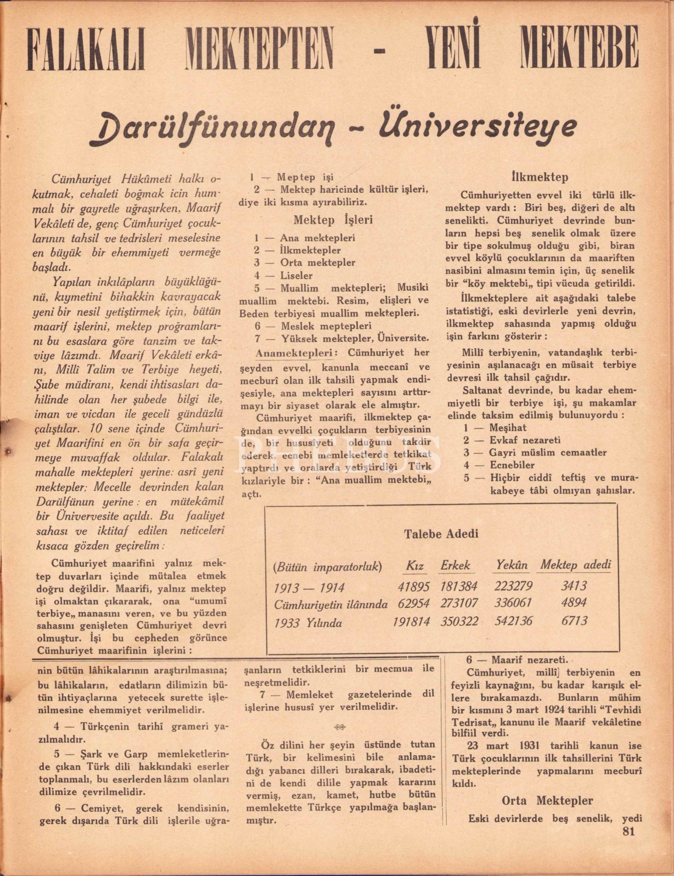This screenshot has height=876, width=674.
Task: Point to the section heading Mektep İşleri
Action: pyautogui.click(x=332, y=221)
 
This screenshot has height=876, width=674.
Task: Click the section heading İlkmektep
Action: pyautogui.click(x=539, y=177)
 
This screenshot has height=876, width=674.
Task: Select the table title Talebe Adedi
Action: pyautogui.click(x=441, y=534)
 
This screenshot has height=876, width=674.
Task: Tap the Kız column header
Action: pyautogui.click(x=415, y=565)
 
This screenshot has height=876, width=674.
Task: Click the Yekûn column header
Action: pyautogui.click(x=512, y=565)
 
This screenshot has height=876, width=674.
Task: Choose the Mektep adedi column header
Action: pyautogui.click(x=575, y=565)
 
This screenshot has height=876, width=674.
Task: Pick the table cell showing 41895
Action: pyautogui.click(x=414, y=587)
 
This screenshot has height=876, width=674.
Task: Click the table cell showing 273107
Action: pyautogui.click(x=459, y=603)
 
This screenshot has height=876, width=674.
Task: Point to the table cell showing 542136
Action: pyautogui.click(x=513, y=621)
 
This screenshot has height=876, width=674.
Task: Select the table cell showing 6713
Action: pyautogui.click(x=574, y=621)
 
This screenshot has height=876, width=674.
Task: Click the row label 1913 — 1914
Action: pyautogui.click(x=309, y=588)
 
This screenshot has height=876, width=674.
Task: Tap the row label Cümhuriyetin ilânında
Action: pyautogui.click(x=331, y=604)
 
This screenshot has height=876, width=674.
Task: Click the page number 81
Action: pyautogui.click(x=628, y=832)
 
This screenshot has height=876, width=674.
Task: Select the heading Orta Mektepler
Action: pyautogui.click(x=547, y=801)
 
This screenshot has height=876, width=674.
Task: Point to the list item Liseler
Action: pyautogui.click(x=296, y=275)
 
